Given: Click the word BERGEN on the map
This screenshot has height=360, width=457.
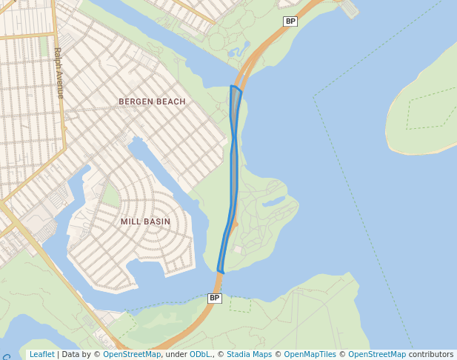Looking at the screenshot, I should pyautogui.click(x=136, y=101).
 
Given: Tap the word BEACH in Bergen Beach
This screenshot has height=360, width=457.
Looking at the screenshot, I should pyautogui.click(x=170, y=101).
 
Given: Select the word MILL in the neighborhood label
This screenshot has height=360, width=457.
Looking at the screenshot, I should pyautogui.click(x=130, y=221).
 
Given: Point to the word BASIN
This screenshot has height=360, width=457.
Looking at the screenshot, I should pyautogui.click(x=157, y=221).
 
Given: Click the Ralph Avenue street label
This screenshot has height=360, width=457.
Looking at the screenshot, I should pyautogui.click(x=59, y=73).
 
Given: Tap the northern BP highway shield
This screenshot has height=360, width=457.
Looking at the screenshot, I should pyautogui.click(x=290, y=21).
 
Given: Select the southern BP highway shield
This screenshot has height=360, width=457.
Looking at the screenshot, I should pyautogui.click(x=214, y=298).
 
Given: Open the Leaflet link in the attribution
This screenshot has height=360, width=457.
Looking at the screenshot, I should pyautogui.click(x=41, y=354).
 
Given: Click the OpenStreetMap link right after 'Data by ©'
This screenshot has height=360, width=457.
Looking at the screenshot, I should pyautogui.click(x=132, y=354).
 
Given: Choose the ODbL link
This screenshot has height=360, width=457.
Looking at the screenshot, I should pyautogui.click(x=199, y=354).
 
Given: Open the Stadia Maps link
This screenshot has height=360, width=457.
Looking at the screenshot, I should pyautogui.click(x=249, y=354).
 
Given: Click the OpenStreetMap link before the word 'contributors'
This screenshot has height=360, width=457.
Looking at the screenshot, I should pyautogui.click(x=377, y=354).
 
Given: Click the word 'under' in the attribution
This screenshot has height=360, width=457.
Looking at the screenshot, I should pyautogui.click(x=175, y=354).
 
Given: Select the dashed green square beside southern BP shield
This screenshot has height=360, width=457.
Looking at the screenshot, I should pyautogui.click(x=240, y=304).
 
